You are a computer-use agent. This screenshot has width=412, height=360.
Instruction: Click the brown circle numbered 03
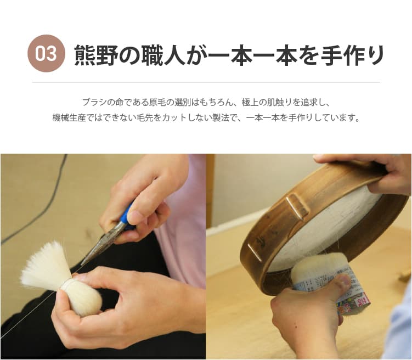47,54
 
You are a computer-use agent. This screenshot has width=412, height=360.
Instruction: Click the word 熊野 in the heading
104,54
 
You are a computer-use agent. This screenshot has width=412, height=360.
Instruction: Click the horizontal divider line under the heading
206,82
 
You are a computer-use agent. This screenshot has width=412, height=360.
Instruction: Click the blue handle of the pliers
127,214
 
